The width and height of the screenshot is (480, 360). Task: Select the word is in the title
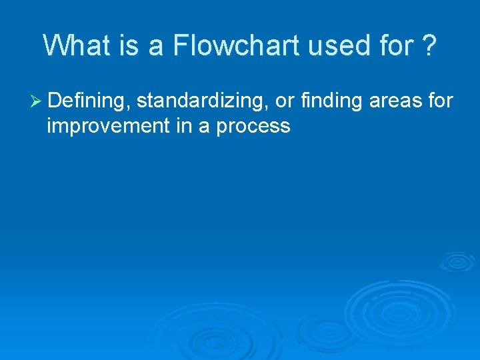pyautogui.click(x=129, y=45)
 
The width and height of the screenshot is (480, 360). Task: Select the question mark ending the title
pyautogui.click(x=429, y=45)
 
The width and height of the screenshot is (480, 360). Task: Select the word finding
pyautogui.click(x=332, y=101)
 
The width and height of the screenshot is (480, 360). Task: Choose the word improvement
pyautogui.click(x=108, y=126)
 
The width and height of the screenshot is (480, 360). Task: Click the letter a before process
pyautogui.click(x=204, y=126)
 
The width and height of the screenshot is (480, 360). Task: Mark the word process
pyautogui.click(x=253, y=126)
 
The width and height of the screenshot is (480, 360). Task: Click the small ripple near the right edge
pyautogui.click(x=457, y=261)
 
